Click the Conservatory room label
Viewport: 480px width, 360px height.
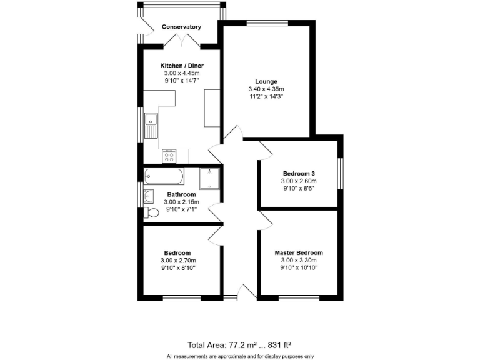click(x=181, y=27)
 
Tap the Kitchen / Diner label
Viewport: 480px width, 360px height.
click(x=182, y=66)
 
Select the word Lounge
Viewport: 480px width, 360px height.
click(x=266, y=81)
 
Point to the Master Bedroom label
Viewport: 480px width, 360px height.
click(x=299, y=252)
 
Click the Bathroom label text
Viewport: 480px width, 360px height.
click(x=181, y=194)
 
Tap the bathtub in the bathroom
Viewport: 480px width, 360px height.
click(x=164, y=177)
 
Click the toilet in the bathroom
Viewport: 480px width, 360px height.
click(x=151, y=212)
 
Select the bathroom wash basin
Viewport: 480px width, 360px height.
click(x=148, y=196)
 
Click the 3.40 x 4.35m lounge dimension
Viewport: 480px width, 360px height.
click(x=266, y=89)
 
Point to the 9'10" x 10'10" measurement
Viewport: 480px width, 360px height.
click(x=299, y=268)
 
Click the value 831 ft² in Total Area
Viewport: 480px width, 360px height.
click(x=276, y=344)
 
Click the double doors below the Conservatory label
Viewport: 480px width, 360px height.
click(x=181, y=41)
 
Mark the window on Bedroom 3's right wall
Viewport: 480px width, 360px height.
click(x=341, y=173)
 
